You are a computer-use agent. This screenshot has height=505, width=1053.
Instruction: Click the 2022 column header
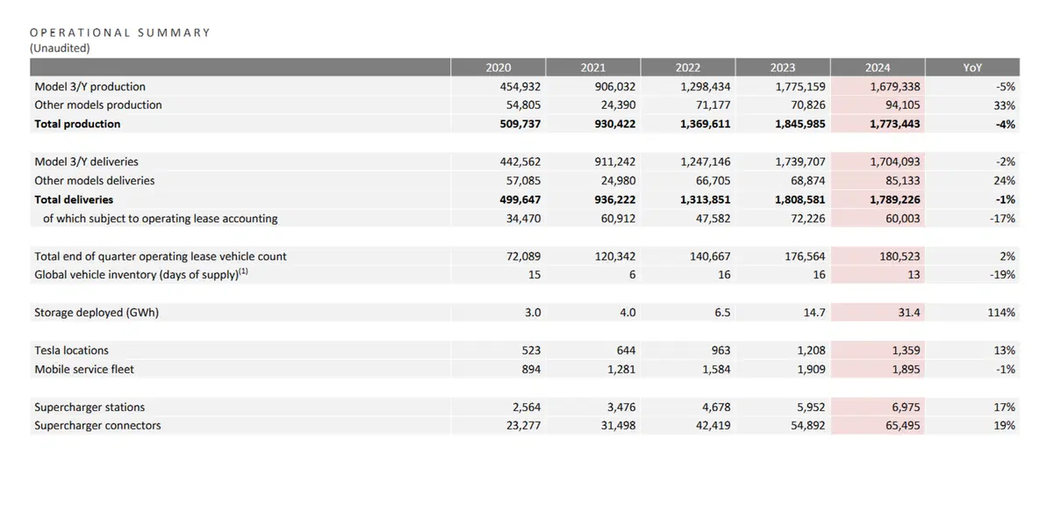[x=688, y=68]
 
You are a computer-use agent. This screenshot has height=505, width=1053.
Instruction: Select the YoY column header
[x=972, y=68]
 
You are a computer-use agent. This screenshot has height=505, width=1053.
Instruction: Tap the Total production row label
[x=77, y=124]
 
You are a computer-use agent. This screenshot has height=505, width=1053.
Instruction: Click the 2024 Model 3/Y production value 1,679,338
[x=894, y=87]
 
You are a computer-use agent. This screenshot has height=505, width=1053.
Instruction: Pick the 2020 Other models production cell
[x=523, y=105]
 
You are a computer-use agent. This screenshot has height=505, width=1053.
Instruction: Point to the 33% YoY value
[x=1004, y=105]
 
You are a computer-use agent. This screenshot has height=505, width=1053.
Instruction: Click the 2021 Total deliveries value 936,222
[x=615, y=199]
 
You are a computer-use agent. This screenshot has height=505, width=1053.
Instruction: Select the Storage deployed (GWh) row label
[x=97, y=313]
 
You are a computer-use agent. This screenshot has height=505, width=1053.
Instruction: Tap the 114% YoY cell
[x=1001, y=313]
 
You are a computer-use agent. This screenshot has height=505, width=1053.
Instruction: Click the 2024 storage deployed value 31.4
[x=909, y=313]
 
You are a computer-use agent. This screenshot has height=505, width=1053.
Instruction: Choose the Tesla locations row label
[x=71, y=350]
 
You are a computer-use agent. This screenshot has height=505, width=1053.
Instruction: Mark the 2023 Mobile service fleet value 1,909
[x=811, y=370]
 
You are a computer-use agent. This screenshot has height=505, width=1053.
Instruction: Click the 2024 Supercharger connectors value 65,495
[x=903, y=425]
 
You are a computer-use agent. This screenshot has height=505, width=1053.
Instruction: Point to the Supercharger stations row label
[x=90, y=408]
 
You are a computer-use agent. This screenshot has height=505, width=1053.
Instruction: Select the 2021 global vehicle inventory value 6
[x=633, y=275]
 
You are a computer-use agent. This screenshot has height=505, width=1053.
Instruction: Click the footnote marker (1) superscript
[x=243, y=271]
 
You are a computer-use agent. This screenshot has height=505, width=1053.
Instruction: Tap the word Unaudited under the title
[x=60, y=48]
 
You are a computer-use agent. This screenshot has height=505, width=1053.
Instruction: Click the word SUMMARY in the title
[x=174, y=32]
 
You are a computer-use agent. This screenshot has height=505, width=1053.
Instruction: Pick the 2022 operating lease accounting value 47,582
[x=713, y=219]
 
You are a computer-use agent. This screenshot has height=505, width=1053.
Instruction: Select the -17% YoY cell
[x=1002, y=219]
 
